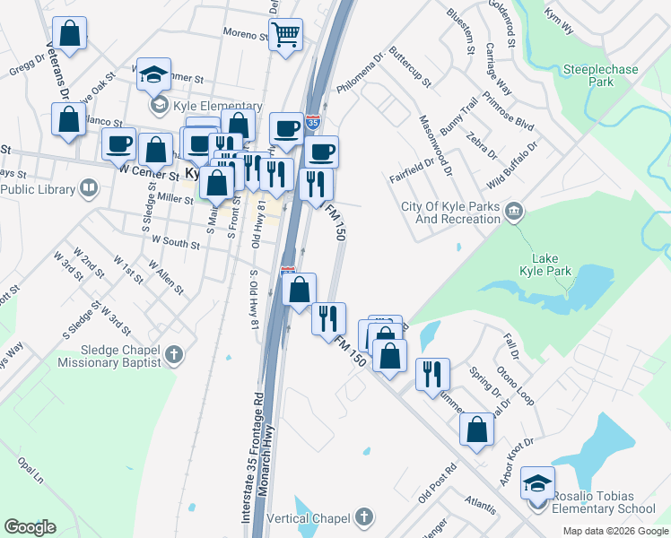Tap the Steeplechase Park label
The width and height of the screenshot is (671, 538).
coord(588,74)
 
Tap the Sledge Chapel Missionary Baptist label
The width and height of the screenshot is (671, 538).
coord(109,356)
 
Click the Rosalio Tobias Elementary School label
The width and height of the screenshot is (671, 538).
coord(604,502)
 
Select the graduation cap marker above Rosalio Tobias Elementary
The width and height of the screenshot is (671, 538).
coord(537,484)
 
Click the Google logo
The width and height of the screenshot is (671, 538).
coord(30,527)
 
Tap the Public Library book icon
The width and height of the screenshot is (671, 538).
coord(88,188)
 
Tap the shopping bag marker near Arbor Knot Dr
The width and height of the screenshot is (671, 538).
coord(476,429)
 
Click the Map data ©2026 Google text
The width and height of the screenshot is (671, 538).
coord(614,531)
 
